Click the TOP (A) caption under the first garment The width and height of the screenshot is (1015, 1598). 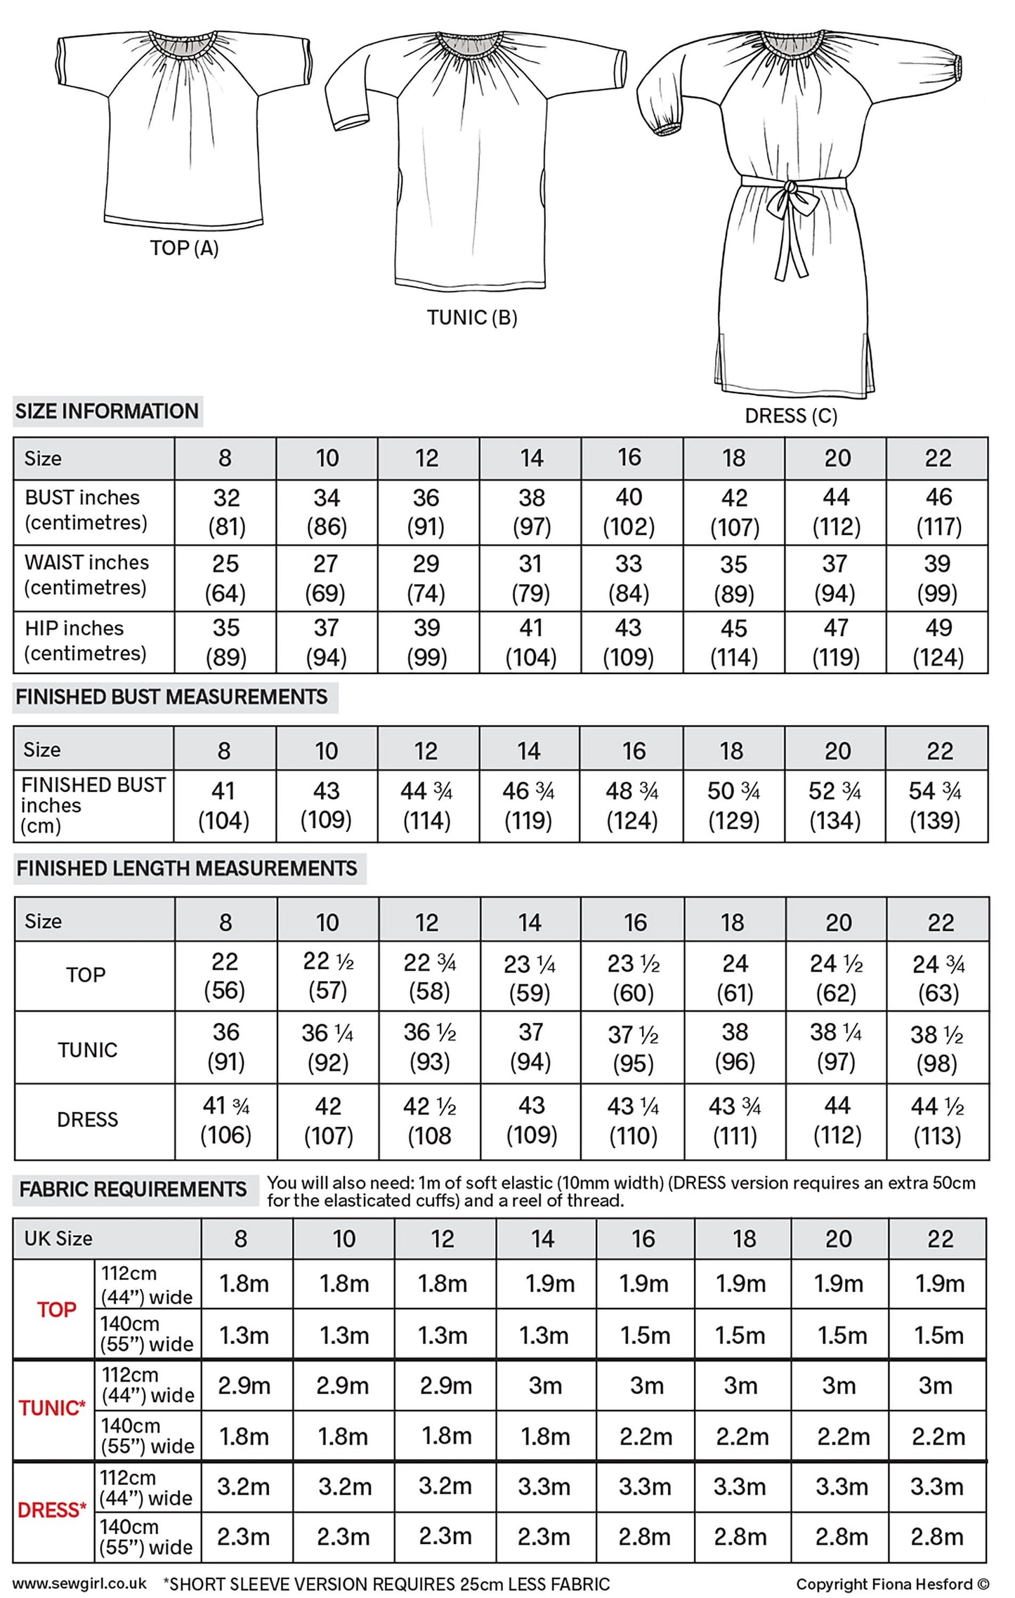click(184, 248)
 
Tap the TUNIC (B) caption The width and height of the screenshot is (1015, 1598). click(472, 317)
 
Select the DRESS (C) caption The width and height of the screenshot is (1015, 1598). click(791, 416)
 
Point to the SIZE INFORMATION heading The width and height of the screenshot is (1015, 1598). click(107, 411)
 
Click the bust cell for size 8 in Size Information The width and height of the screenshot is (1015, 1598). click(226, 513)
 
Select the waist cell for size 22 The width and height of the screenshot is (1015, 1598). click(937, 579)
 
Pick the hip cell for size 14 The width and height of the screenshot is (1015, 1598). click(531, 642)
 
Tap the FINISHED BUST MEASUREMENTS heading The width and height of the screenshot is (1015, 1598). click(172, 697)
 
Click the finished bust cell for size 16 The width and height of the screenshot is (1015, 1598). click(632, 805)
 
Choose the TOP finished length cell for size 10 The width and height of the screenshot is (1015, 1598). click(328, 975)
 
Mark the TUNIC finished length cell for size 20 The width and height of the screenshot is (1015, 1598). click(836, 1047)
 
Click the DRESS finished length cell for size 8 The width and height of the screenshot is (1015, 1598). click(226, 1121)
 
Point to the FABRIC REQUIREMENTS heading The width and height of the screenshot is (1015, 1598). click(133, 1189)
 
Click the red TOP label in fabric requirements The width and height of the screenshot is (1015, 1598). click(56, 1309)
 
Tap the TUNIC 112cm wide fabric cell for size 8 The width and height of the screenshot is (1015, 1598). click(244, 1385)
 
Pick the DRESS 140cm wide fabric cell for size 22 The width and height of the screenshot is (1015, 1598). click(937, 1537)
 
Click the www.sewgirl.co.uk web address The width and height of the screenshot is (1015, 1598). click(79, 1583)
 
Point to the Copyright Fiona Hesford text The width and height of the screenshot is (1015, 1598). click(892, 1584)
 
